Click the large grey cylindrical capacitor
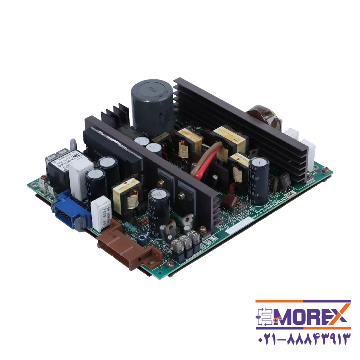point(152,105)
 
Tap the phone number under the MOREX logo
point(302,340)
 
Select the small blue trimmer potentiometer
point(142,239)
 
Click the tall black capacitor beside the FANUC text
point(259,179)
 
